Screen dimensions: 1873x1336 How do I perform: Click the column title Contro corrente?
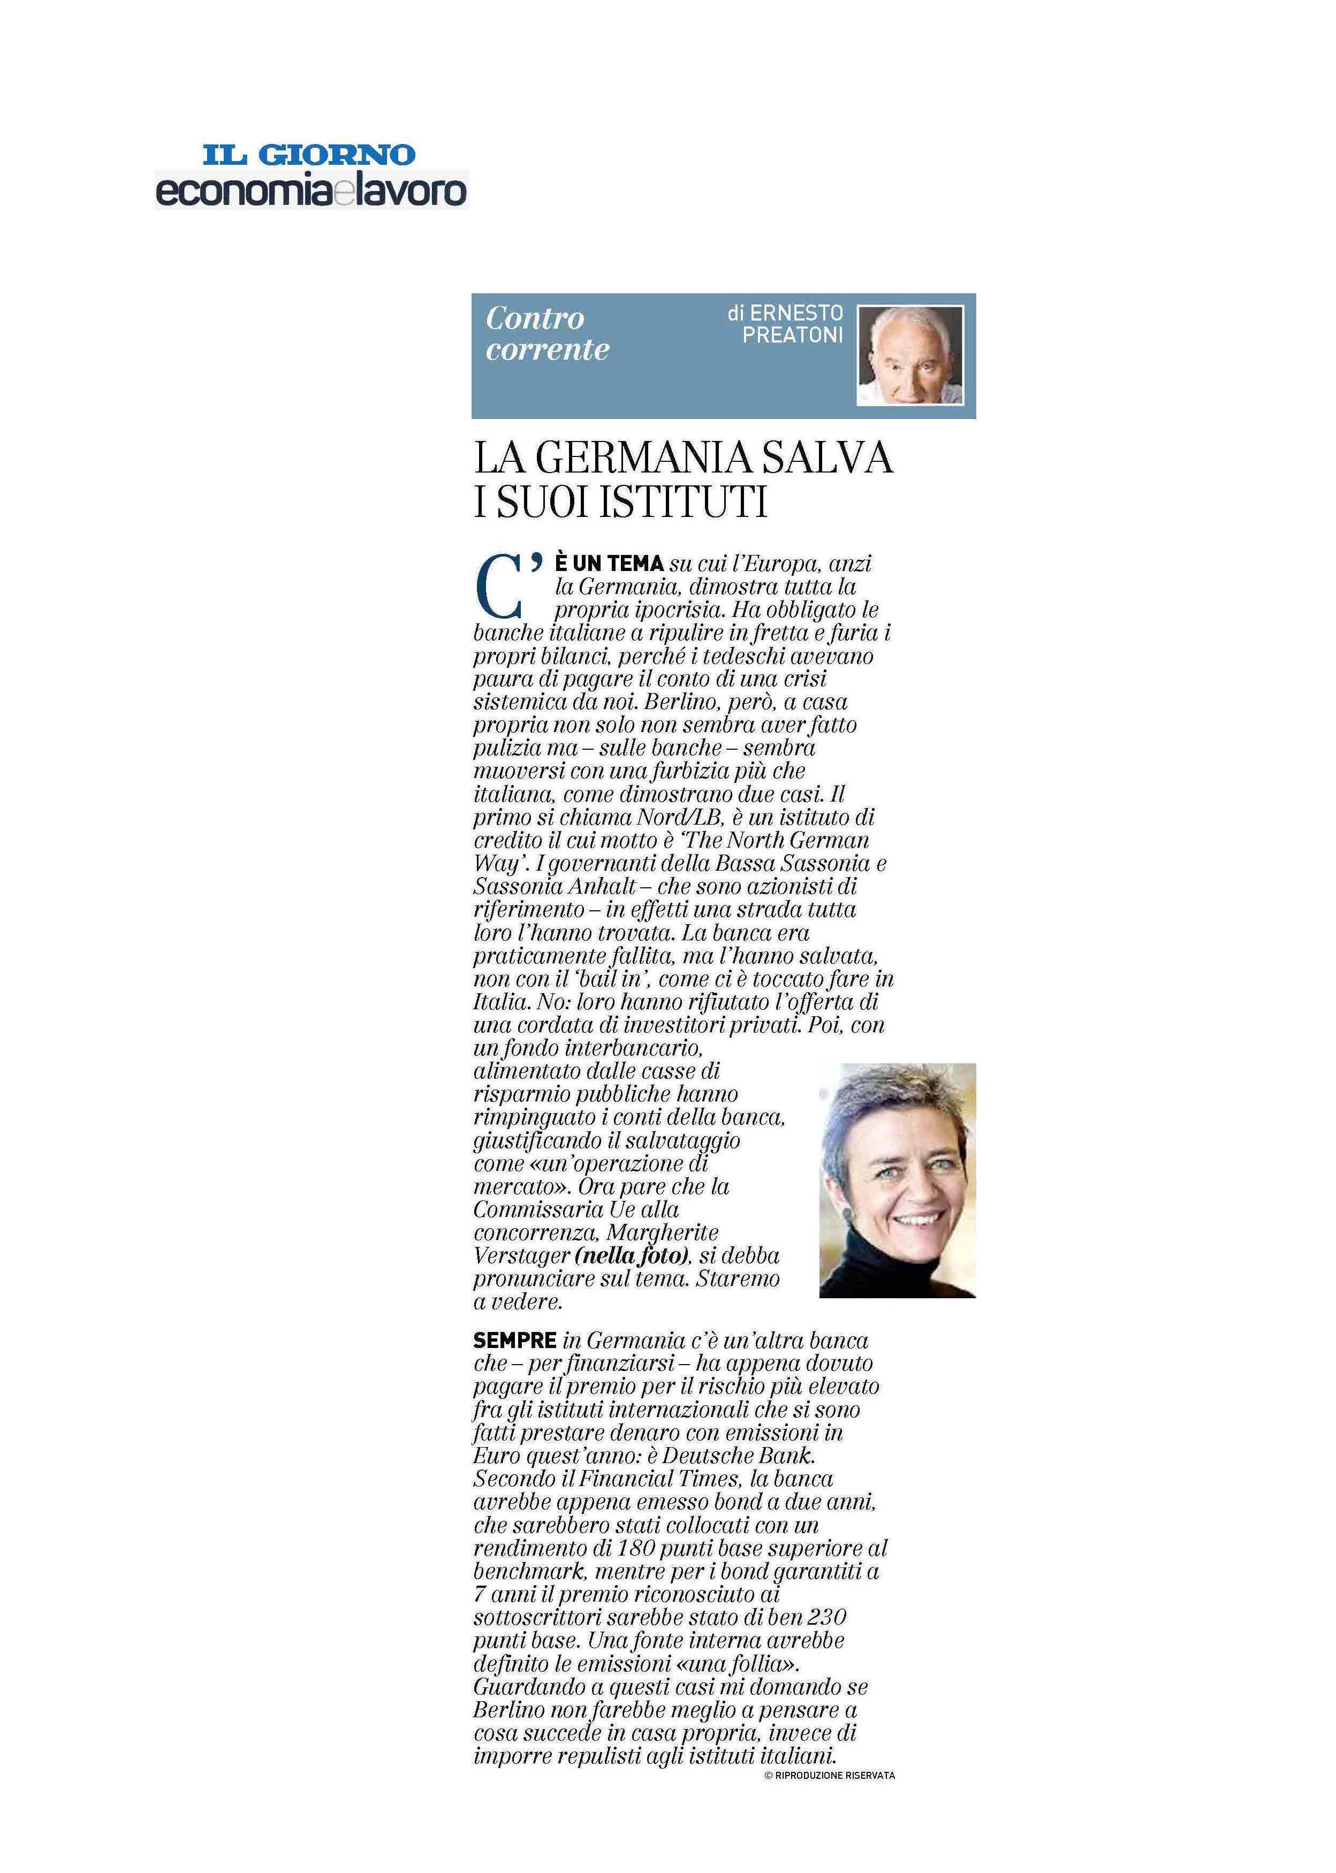click(x=546, y=333)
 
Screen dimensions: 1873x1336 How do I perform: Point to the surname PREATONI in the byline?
click(x=792, y=335)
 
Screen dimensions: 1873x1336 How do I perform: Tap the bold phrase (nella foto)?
click(x=631, y=1255)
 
